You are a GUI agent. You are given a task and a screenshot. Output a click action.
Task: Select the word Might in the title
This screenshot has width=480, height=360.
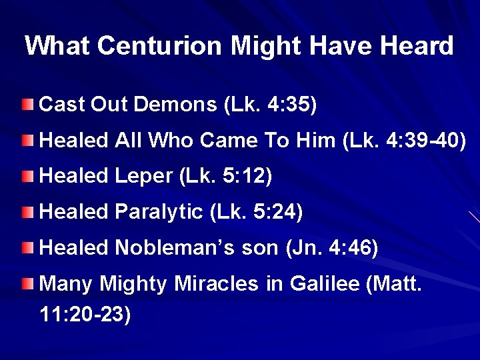(x=254, y=46)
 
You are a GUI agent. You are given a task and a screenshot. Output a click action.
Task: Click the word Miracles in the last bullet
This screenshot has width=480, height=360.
(x=215, y=285)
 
